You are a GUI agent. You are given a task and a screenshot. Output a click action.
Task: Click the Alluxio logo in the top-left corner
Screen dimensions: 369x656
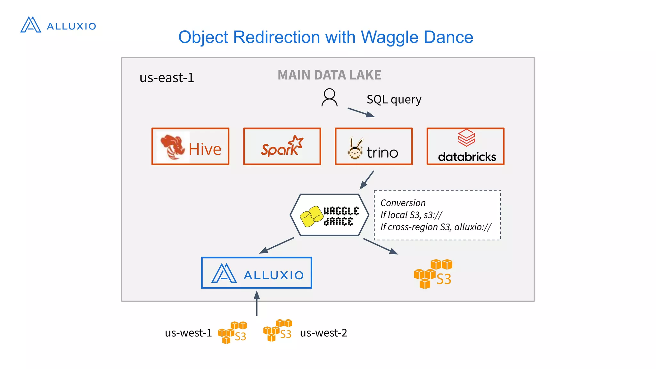(58, 25)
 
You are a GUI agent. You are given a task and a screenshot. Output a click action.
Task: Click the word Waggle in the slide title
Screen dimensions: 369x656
(389, 37)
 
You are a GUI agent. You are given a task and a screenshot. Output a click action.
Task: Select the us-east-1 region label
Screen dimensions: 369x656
(167, 78)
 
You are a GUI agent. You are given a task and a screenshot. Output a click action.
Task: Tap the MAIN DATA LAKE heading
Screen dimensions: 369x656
(329, 75)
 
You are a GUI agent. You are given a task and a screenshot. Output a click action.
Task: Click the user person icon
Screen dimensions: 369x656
(329, 98)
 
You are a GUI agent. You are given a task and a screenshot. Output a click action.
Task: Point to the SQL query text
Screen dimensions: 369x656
(394, 99)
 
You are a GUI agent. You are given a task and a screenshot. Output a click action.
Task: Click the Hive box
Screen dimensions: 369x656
(190, 147)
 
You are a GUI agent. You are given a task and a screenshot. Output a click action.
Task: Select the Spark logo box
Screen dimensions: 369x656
(282, 147)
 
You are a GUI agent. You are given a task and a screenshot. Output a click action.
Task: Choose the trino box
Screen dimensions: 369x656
(373, 147)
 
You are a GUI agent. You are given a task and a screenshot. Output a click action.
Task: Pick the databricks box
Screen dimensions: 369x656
(465, 147)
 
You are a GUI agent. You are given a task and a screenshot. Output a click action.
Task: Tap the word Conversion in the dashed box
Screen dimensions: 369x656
(403, 203)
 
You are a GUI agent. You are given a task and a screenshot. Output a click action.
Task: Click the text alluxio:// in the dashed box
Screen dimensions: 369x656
(473, 227)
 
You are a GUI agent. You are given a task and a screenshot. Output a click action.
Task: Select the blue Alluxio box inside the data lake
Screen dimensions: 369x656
(256, 273)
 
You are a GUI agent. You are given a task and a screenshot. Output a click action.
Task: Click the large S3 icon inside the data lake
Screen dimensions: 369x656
(433, 274)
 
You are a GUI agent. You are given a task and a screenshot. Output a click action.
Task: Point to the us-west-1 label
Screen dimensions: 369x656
(188, 333)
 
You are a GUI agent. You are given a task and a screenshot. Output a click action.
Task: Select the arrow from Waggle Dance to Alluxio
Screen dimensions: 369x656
(276, 246)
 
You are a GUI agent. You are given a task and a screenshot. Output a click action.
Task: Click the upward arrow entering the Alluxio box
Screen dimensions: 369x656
(257, 303)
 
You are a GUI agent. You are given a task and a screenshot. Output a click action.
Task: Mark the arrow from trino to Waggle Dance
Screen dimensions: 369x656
(367, 180)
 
